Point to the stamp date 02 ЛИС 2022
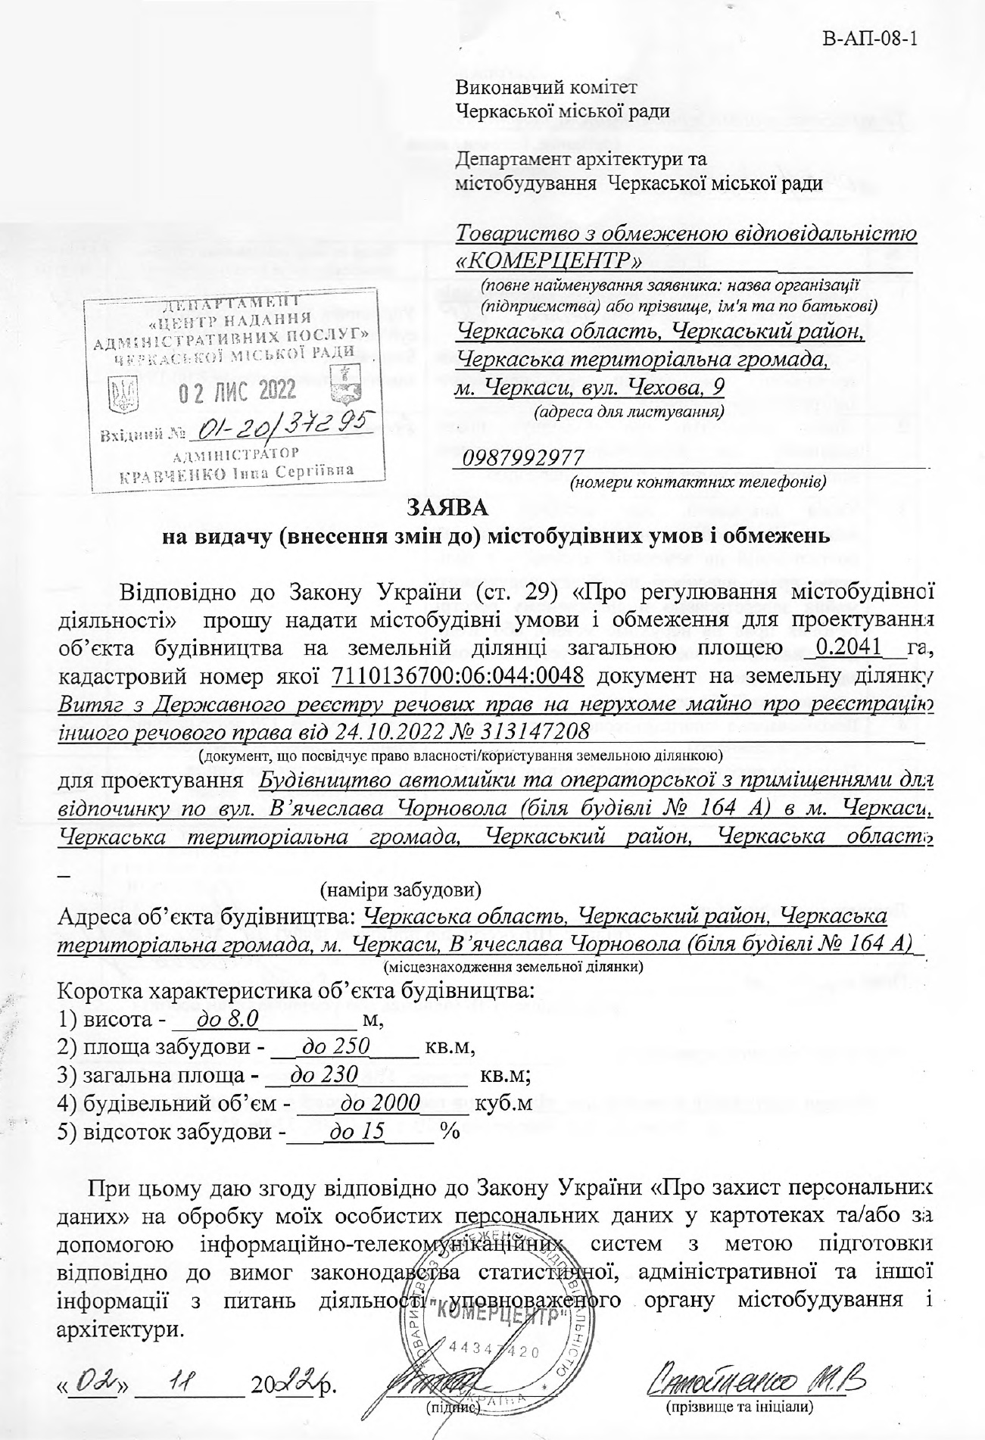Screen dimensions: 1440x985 [237, 391]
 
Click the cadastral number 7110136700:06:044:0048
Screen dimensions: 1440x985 [458, 675]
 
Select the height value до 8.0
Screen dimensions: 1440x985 [227, 1021]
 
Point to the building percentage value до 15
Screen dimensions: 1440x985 [354, 1131]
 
